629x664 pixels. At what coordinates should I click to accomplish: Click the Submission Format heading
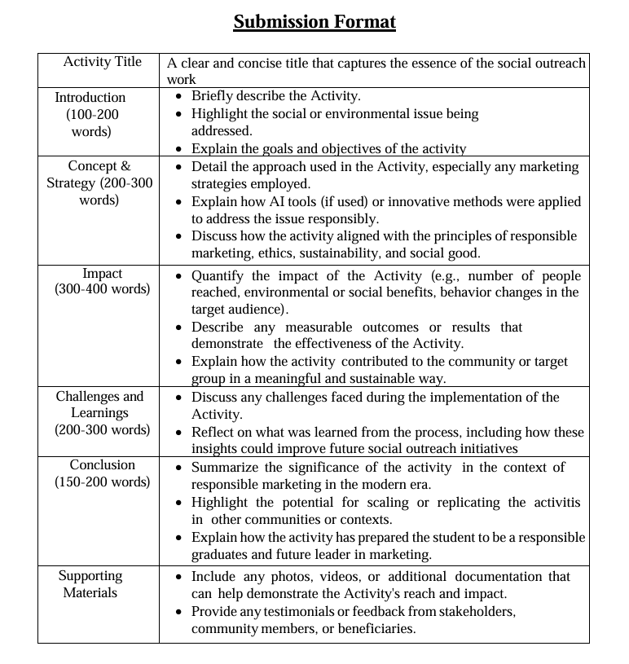(314, 22)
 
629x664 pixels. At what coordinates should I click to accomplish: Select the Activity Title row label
(102, 62)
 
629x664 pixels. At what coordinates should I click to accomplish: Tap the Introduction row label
(90, 97)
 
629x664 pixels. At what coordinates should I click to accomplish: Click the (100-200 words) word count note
(91, 123)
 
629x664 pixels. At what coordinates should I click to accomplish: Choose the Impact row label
(102, 273)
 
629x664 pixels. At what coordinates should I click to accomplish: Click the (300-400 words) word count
(103, 288)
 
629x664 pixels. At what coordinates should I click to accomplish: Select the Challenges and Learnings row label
(99, 405)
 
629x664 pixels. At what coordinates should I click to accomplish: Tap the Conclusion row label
(103, 464)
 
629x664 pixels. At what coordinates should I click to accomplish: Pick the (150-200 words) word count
(103, 482)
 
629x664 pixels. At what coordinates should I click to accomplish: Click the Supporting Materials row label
(90, 584)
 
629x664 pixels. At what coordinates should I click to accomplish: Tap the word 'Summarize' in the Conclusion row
(223, 467)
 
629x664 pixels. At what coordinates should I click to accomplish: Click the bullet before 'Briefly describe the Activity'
(179, 96)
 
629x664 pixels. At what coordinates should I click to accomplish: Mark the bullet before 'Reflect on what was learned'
(179, 432)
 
